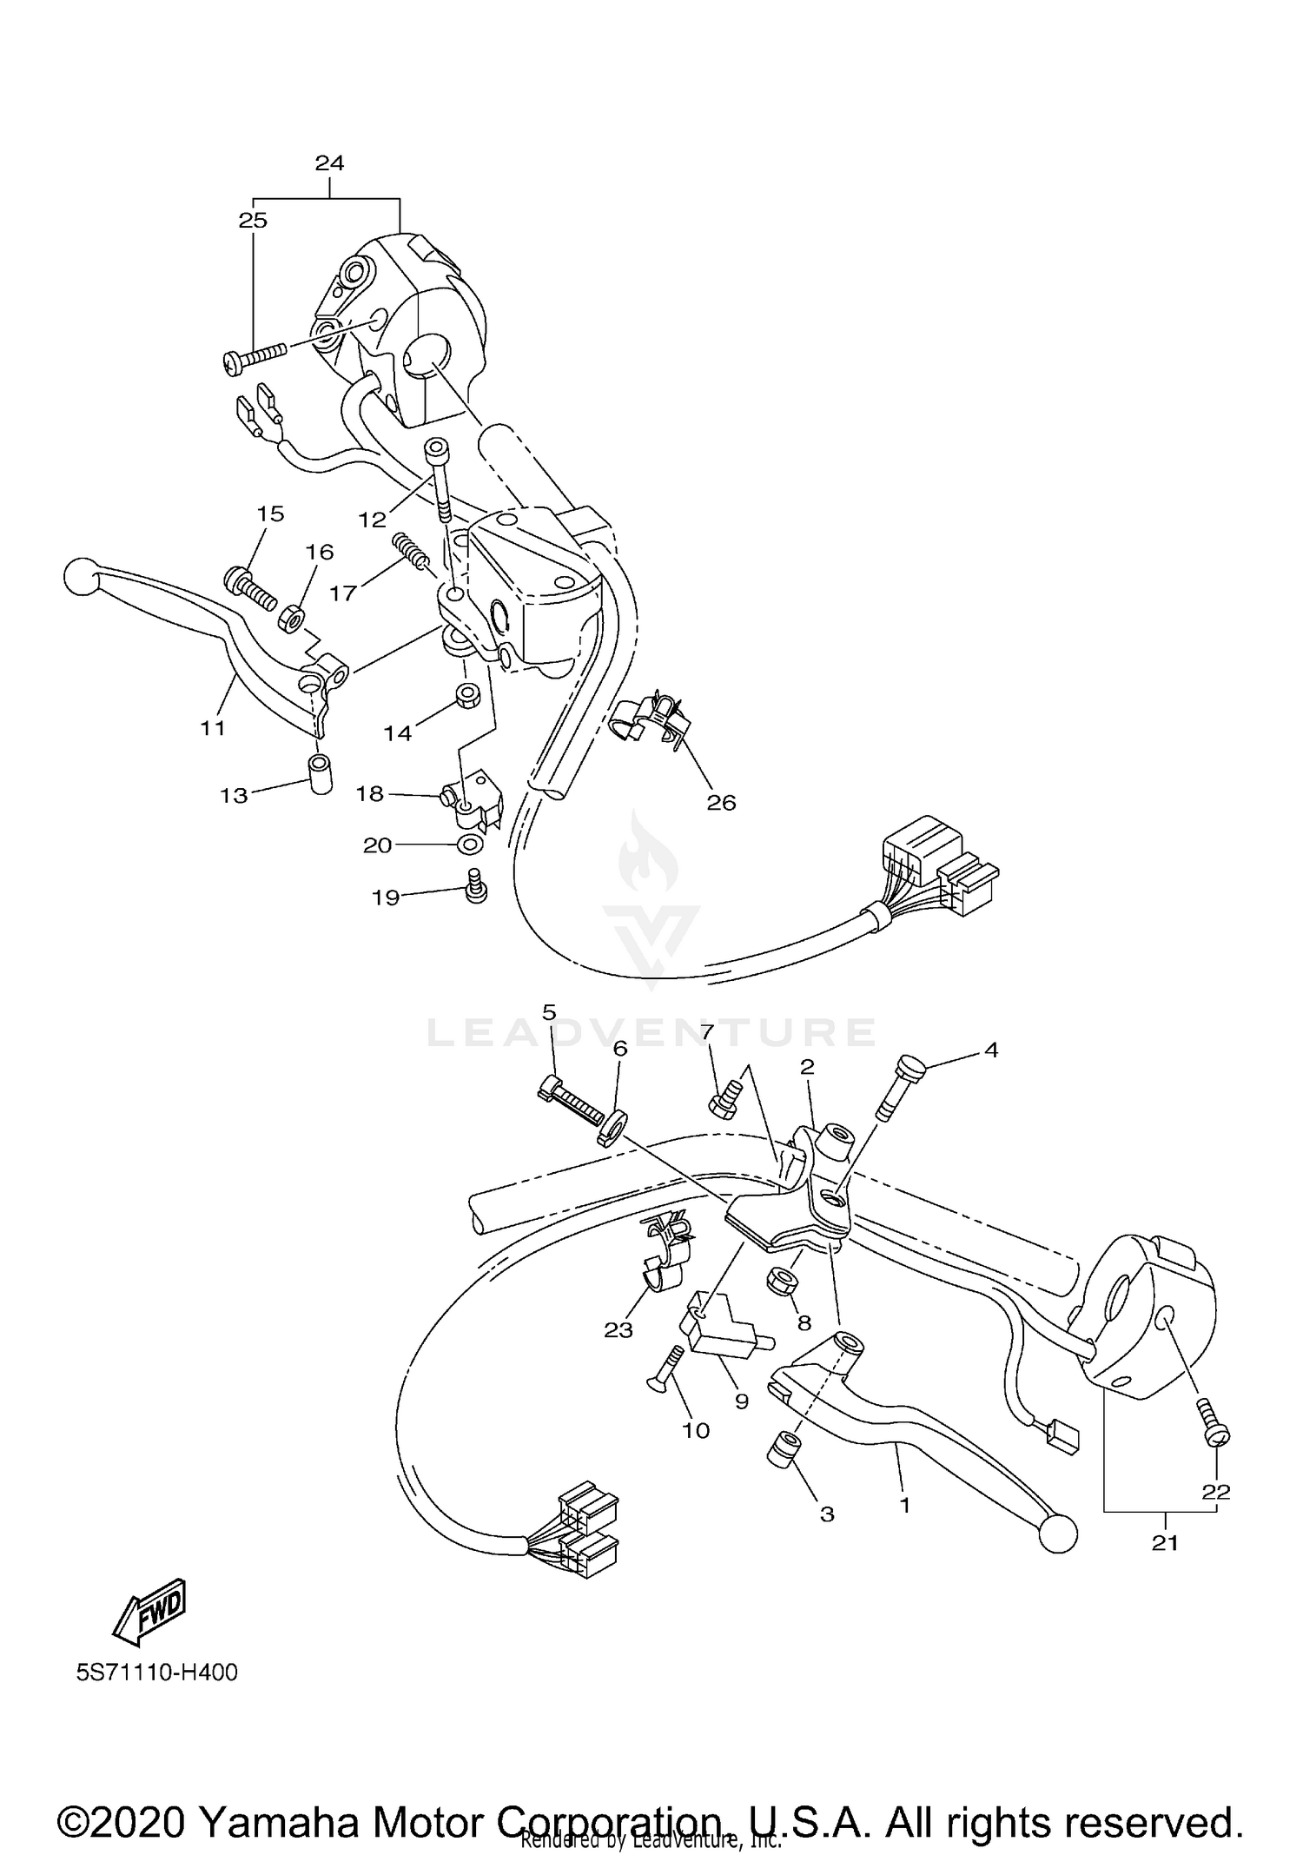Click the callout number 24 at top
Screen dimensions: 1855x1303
330,162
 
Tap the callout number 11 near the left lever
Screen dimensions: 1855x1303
213,728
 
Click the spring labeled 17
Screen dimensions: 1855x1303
411,552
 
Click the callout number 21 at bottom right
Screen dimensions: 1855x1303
1164,1542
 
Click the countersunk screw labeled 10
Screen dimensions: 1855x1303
665,1372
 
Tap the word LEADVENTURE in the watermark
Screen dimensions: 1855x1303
651,1032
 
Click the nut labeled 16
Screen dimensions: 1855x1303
290,619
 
